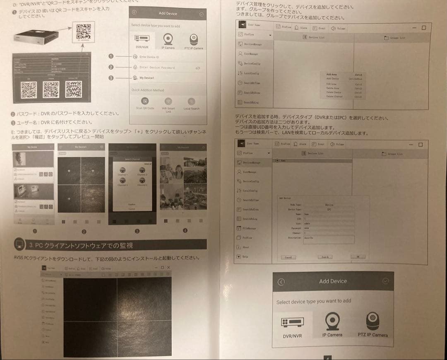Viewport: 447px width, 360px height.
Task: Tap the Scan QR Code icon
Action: pos(145,101)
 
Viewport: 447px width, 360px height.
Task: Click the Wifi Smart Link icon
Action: pos(168,101)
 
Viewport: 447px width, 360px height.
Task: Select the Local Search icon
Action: pos(191,101)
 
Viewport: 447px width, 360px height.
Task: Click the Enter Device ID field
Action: pos(166,57)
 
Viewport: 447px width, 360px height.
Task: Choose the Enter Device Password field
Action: pos(166,68)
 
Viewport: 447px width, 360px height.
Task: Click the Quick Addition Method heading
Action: pos(148,90)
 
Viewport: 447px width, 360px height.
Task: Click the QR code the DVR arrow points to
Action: pos(84,31)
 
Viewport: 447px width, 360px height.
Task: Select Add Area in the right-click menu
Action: pos(332,75)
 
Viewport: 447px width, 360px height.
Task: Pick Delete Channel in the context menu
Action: pos(334,96)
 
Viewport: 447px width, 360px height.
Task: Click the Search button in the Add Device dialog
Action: pos(325,257)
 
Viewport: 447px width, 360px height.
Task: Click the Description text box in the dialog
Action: pos(329,239)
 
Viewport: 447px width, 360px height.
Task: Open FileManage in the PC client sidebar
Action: pos(250,228)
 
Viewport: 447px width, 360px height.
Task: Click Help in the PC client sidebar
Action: pos(245,257)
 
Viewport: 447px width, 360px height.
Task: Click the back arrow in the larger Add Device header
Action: pos(281,282)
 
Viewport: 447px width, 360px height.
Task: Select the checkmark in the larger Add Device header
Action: pos(386,281)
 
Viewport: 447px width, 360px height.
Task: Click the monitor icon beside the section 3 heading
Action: pos(19,245)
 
